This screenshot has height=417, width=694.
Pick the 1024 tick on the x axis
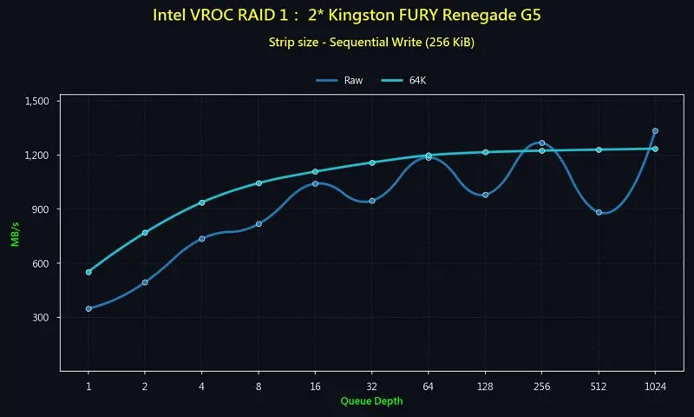point(655,387)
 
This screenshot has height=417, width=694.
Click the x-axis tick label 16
point(315,387)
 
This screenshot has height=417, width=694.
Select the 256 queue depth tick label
point(541,387)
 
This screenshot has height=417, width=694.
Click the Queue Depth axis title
point(371,401)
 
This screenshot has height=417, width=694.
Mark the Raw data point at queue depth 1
point(88,308)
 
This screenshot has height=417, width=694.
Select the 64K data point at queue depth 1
point(88,272)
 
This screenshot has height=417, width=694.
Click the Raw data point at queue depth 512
point(599,212)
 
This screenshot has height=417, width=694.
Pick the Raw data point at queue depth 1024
point(655,131)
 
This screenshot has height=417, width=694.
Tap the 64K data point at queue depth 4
point(202,202)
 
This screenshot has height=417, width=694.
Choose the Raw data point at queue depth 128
point(485,195)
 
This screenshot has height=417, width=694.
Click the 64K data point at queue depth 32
point(372,162)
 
